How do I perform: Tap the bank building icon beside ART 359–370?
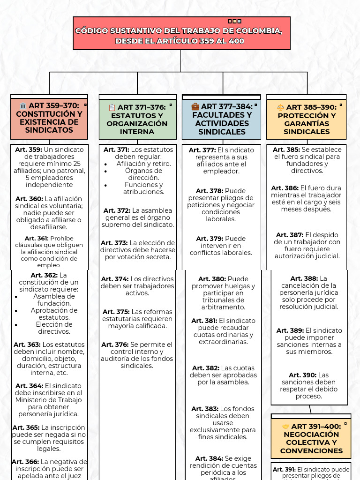coord(23,106)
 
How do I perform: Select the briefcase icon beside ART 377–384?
coord(195,106)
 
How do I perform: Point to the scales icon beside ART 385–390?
coord(281,107)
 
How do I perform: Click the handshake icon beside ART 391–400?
coord(286,427)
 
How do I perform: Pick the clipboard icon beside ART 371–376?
coord(112,107)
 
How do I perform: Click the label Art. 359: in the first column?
coord(29,150)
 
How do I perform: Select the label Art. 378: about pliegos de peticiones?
coord(209,191)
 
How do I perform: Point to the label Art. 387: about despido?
coord(289,235)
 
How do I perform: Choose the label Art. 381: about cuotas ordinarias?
coord(204,321)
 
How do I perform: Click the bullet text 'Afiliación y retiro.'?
coord(143,164)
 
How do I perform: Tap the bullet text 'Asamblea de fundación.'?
coord(53,300)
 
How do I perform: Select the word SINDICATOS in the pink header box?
coord(49,130)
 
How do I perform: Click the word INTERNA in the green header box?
coord(137,132)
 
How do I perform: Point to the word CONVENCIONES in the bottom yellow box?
coord(311,451)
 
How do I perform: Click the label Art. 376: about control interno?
coord(114,345)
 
